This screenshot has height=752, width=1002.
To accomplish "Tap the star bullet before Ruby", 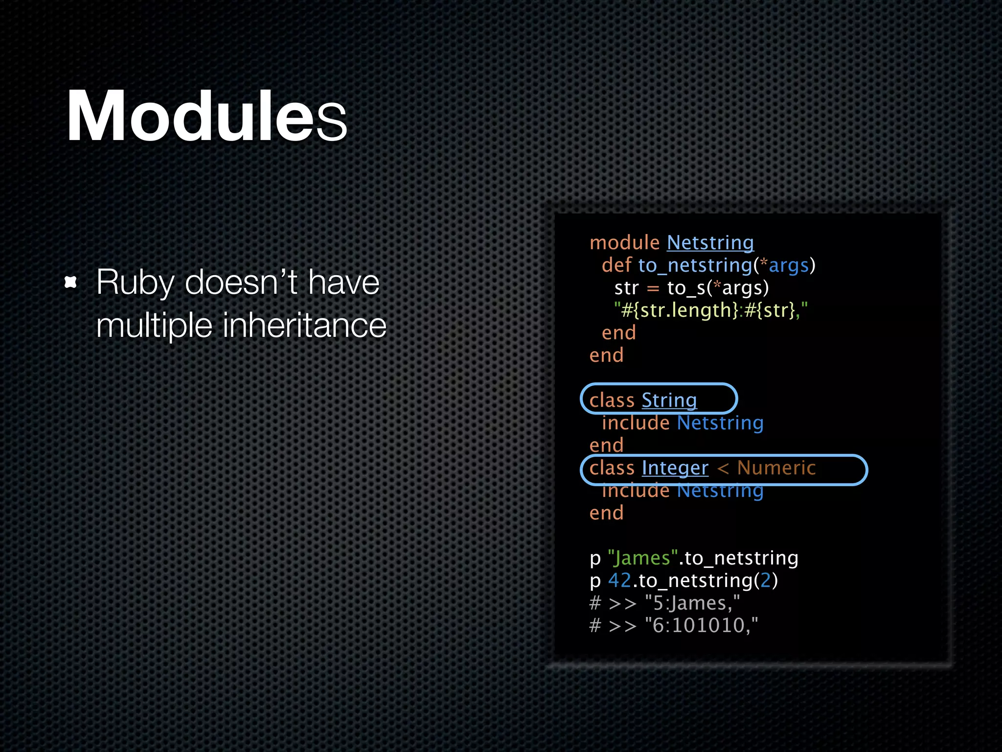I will click(71, 282).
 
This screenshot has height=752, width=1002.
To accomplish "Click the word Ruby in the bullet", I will click(135, 283).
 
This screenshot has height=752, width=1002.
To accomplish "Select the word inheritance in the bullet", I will click(304, 326).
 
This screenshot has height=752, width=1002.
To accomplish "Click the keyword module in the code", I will click(624, 243).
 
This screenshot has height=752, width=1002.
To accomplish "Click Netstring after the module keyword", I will click(710, 243).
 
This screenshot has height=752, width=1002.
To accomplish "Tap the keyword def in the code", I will click(616, 265).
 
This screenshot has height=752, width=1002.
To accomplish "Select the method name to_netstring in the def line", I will click(695, 265).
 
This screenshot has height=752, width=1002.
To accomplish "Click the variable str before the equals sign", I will click(626, 288).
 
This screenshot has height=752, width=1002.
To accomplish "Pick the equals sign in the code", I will click(653, 288).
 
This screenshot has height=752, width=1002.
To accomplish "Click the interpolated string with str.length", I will click(710, 310).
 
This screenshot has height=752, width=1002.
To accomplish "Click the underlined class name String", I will click(669, 400).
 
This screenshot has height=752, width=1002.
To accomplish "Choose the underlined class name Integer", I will click(675, 468).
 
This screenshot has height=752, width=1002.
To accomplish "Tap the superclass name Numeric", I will click(776, 468).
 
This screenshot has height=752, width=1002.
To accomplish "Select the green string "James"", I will click(642, 558).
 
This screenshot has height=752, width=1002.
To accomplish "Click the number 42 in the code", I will click(619, 581).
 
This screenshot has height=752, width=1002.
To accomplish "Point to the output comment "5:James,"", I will click(692, 603).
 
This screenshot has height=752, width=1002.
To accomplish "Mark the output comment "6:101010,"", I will click(701, 626).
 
